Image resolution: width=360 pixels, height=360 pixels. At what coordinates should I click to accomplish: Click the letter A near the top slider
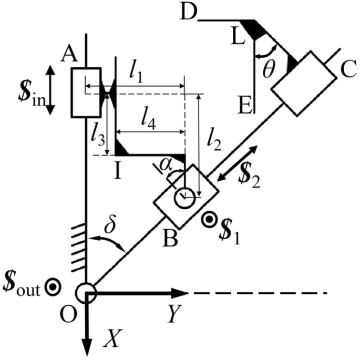click(66, 53)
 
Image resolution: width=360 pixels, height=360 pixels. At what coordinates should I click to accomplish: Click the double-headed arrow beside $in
click(49, 90)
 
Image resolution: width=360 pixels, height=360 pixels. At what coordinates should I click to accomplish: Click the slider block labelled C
click(304, 83)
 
